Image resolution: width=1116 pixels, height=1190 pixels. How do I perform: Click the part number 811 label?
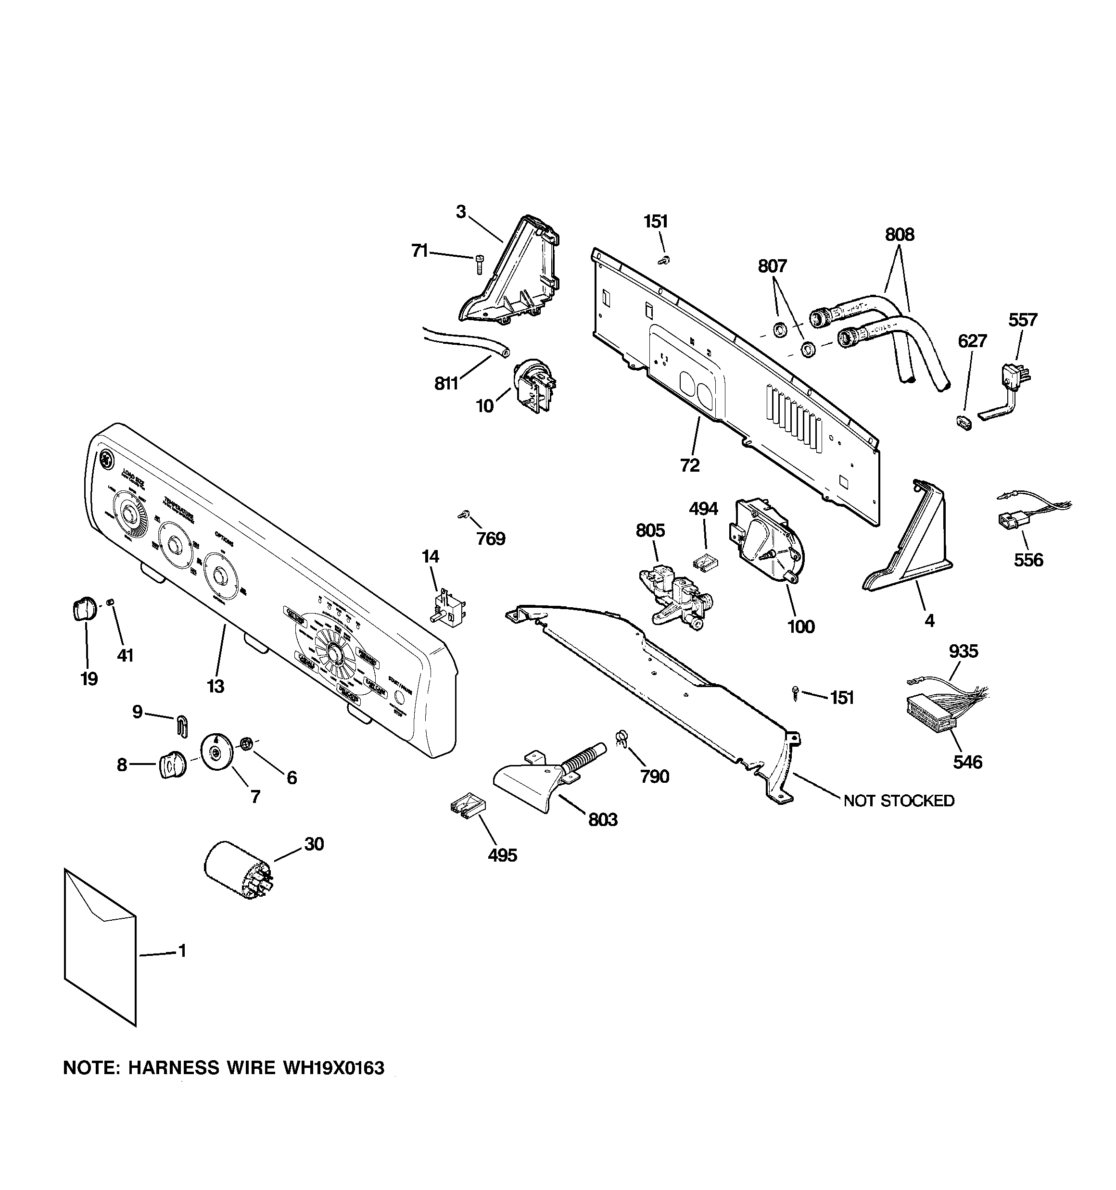coord(446,384)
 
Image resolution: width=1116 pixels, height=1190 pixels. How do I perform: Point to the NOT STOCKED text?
coord(899,801)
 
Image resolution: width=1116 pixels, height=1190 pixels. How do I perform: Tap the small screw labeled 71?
coord(479,263)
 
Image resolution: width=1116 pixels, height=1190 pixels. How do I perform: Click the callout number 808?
coord(900,235)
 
